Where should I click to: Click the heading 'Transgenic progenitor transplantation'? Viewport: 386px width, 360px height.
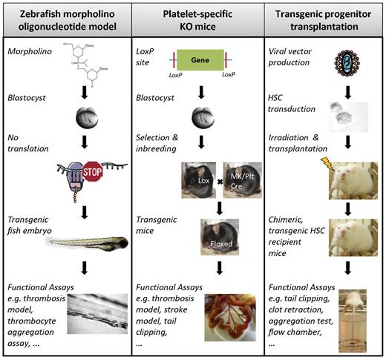coord(324,20)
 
